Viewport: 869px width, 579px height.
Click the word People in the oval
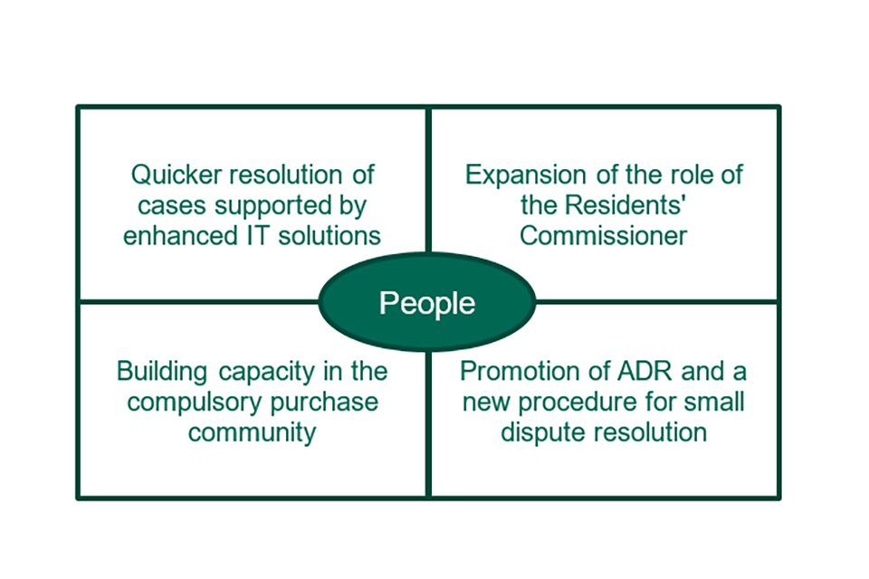[x=426, y=302]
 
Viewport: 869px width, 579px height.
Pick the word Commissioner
[x=604, y=235]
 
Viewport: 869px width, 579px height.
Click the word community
[x=252, y=432]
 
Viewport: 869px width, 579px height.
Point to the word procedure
[x=583, y=402]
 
